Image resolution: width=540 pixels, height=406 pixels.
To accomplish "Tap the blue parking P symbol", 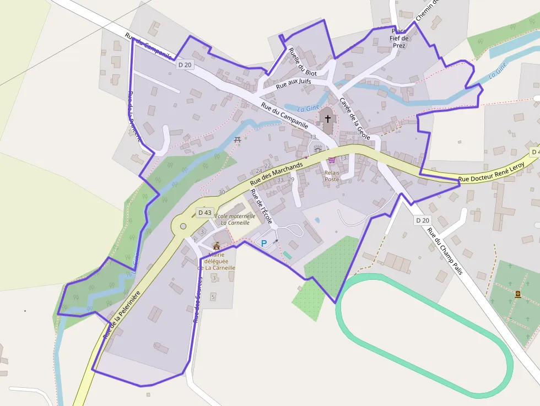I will pyautogui.click(x=263, y=242).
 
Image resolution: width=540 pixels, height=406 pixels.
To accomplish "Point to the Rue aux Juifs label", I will pyautogui.click(x=293, y=84).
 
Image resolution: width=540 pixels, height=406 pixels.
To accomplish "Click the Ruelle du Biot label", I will pyautogui.click(x=303, y=61).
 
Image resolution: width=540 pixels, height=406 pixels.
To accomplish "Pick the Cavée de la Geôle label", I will pyautogui.click(x=355, y=118).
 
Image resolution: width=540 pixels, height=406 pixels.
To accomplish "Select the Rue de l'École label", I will pyautogui.click(x=261, y=207).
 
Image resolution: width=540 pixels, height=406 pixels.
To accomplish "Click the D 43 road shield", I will pyautogui.click(x=204, y=212).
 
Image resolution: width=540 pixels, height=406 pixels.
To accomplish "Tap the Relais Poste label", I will pyautogui.click(x=332, y=176).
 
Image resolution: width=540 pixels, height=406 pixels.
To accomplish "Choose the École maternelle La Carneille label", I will pyautogui.click(x=235, y=219).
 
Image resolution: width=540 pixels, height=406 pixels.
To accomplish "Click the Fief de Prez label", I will pyautogui.click(x=398, y=41).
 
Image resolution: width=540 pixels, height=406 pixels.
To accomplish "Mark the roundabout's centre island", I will pyautogui.click(x=182, y=226).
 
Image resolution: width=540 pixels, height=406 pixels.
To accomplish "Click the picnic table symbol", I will pyautogui.click(x=237, y=140).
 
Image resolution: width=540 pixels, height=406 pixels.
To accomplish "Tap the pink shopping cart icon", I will pyautogui.click(x=331, y=160).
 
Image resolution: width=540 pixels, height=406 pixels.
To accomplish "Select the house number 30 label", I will pyautogui.click(x=222, y=192).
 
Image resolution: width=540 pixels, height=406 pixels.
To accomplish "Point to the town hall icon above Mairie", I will pyautogui.click(x=216, y=246).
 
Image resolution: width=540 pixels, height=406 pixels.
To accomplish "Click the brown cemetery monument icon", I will pyautogui.click(x=518, y=295).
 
